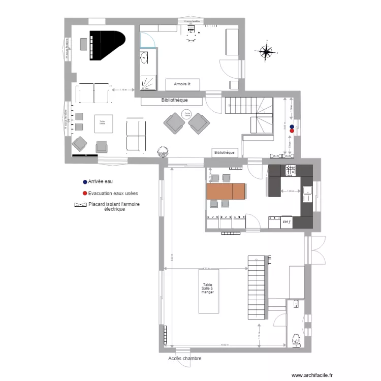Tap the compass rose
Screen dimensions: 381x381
click(265, 51)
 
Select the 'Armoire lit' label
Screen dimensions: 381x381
click(182, 84)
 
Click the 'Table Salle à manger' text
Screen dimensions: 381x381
click(208, 289)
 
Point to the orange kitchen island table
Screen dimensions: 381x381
click(226, 191)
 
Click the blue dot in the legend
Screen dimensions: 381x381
click(84, 181)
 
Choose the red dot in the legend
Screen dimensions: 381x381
click(84, 194)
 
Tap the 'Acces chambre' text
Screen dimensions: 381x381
click(184, 359)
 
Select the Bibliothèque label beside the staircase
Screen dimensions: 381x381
click(225, 152)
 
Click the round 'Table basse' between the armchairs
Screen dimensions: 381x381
click(187, 115)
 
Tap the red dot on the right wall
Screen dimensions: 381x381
click(292, 130)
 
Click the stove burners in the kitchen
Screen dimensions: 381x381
click(291, 171)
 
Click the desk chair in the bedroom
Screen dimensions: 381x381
click(192, 39)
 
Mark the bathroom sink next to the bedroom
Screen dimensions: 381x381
click(144, 58)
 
